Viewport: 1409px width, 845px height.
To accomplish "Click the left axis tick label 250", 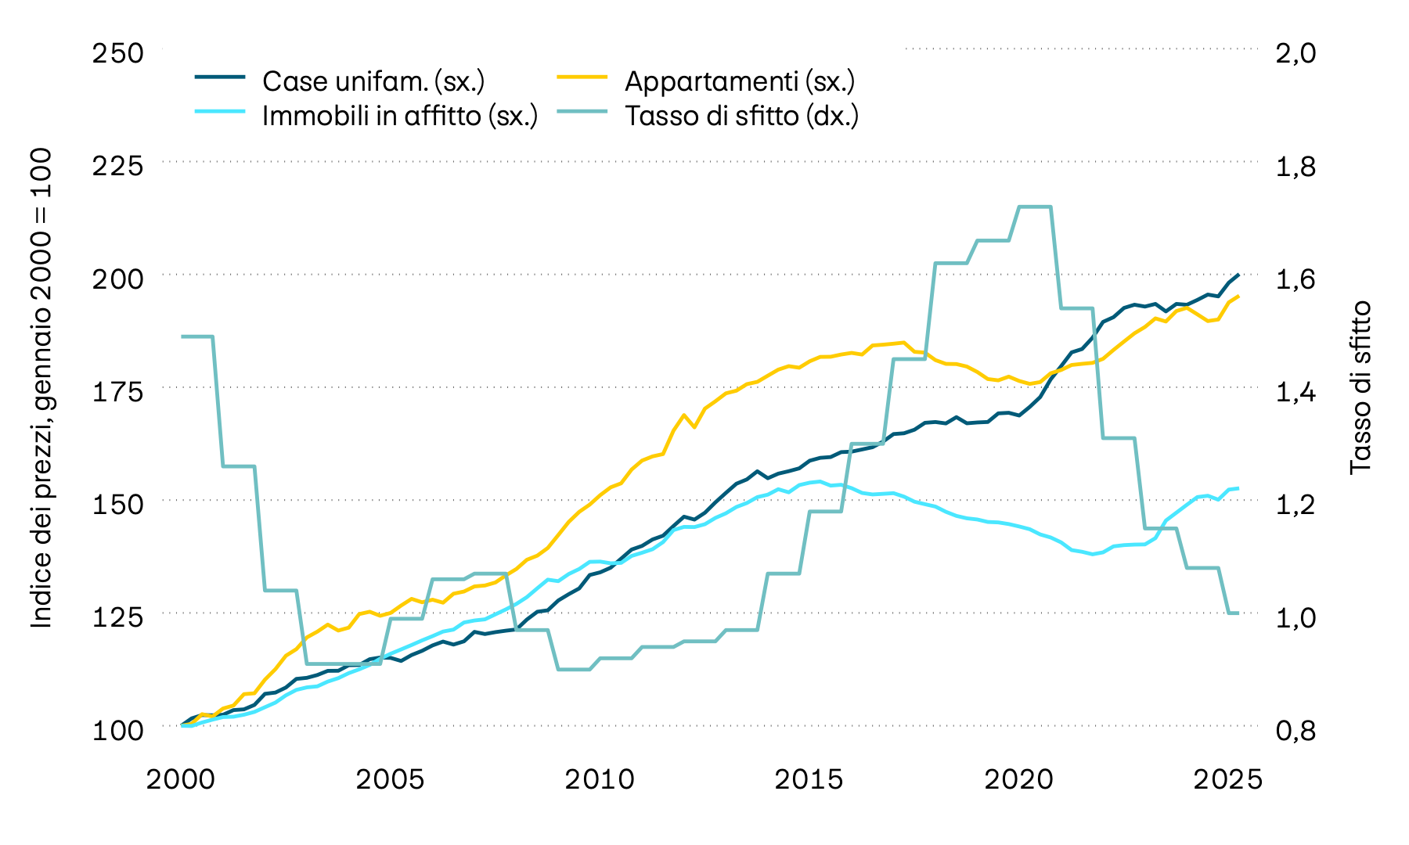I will (x=118, y=53).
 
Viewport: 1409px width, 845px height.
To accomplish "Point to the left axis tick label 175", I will (x=118, y=390).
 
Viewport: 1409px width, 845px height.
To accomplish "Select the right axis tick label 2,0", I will (x=1295, y=53).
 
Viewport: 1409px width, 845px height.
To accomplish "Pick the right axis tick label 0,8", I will (x=1295, y=731).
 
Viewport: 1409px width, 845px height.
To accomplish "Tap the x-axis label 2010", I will (x=600, y=779).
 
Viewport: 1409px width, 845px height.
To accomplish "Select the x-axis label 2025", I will (x=1227, y=779).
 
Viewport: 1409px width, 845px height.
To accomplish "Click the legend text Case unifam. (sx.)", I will (x=373, y=81).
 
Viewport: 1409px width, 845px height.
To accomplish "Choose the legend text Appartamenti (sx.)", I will (x=739, y=81).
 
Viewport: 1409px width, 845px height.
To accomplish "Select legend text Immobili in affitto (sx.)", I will (x=399, y=116).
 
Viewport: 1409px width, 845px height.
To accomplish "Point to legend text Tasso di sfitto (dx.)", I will (x=741, y=116).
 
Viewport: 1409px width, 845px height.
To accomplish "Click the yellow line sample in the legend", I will (x=582, y=77).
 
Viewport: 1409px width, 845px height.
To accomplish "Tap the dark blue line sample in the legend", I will (x=220, y=77).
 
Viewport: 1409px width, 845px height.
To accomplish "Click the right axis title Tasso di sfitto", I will (x=1361, y=387).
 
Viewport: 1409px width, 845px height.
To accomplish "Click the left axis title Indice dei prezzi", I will (x=41, y=388).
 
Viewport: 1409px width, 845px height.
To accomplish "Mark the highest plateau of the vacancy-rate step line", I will (x=1034, y=207).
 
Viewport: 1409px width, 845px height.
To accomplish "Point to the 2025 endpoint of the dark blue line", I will (x=1238, y=275).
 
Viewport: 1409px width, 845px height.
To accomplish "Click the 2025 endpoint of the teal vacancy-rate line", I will (x=1236, y=613).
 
